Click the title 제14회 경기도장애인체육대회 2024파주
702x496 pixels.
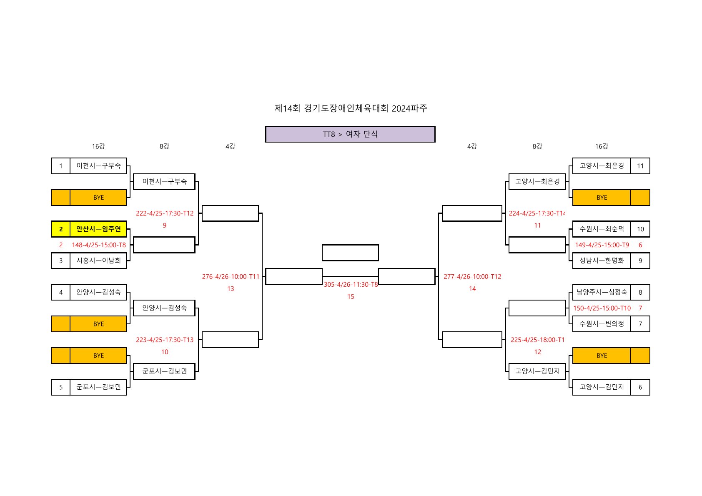pos(351,108)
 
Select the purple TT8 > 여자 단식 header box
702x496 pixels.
pos(350,134)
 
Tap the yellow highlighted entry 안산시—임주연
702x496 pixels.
pos(98,229)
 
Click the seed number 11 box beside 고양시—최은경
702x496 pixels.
pos(640,166)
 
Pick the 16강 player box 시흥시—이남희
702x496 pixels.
pos(98,261)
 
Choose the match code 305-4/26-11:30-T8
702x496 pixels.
pos(351,285)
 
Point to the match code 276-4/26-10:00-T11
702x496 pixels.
pos(231,277)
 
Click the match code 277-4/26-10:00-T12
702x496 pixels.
pos(472,277)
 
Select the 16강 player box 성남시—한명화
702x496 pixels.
pos(602,261)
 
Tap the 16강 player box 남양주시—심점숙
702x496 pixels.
pos(602,292)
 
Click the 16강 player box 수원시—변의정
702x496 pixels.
pos(602,324)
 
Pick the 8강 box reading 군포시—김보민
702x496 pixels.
pos(164,371)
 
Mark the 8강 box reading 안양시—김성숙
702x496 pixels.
pos(164,308)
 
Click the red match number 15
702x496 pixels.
pos(351,297)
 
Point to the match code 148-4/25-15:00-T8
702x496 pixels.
pos(98,245)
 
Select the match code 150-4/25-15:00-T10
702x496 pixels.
pos(602,308)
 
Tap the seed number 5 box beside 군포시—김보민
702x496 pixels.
pos(61,387)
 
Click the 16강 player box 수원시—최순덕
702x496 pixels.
pos(602,229)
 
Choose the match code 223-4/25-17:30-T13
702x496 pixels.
pos(165,340)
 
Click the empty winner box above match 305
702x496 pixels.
pos(350,253)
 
